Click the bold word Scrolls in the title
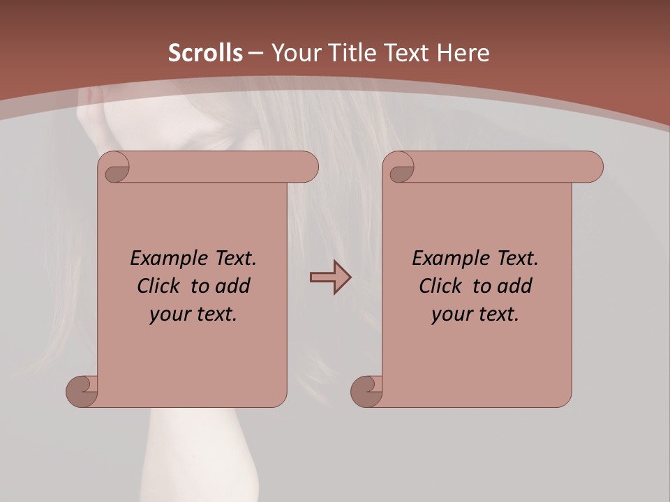point(205,53)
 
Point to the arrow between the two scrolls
point(330,277)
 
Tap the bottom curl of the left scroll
point(82,391)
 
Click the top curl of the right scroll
point(401,167)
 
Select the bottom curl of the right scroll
point(367,391)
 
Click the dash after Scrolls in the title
point(255,53)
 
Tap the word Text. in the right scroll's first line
point(517,259)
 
